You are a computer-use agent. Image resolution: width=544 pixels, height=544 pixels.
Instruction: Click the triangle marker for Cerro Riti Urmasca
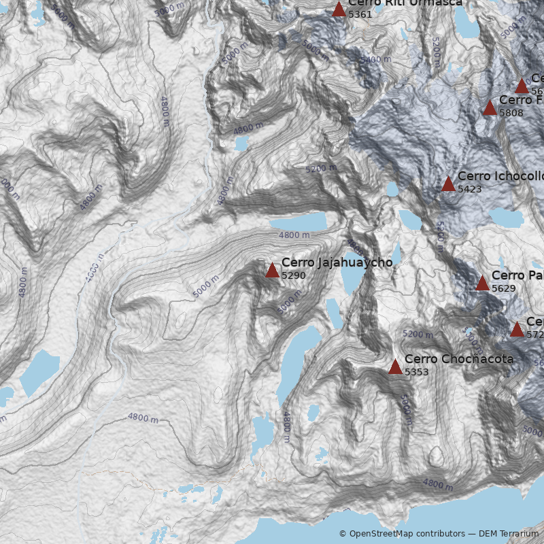coord(339,10)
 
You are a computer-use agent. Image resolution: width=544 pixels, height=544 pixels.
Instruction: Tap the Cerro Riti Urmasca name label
coord(405,3)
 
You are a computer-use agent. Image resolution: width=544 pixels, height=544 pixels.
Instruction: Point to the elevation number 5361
coord(360,14)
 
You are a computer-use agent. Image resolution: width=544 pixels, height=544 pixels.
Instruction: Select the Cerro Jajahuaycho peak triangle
coord(272,271)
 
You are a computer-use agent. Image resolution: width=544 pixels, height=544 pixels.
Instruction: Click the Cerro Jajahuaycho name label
coord(337,262)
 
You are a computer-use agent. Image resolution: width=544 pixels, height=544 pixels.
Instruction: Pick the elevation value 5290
coord(293,275)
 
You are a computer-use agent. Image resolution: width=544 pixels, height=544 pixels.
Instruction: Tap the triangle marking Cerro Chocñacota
coord(395,367)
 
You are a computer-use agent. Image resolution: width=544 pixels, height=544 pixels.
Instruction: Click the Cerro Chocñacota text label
coord(459,359)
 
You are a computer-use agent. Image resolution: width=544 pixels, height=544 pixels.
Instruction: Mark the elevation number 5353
coord(416,372)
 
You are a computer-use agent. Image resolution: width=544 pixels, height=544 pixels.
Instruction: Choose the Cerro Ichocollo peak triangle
coord(448,184)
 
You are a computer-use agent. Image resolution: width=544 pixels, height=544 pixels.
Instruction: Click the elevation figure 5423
coord(469,189)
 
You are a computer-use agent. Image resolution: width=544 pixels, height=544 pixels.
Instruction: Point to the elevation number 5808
coord(511,113)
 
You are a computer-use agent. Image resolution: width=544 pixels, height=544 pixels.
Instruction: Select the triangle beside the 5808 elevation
coord(490,108)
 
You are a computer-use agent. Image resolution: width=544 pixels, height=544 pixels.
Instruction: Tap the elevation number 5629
coord(503,288)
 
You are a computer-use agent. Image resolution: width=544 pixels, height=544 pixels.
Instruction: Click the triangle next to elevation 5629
coord(482,284)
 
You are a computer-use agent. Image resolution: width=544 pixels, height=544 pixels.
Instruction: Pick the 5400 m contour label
coord(375,60)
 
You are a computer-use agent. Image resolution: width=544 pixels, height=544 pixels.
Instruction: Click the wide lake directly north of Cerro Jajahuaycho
coord(298,222)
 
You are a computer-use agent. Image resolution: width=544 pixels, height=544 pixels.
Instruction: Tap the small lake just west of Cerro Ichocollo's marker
coord(392,188)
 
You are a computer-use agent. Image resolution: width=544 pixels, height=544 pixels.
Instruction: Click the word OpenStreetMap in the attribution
coord(380,534)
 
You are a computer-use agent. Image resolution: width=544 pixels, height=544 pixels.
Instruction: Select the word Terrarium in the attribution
coord(519,534)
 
